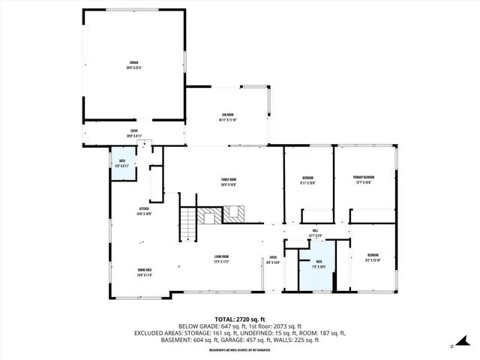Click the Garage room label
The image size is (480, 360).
133,64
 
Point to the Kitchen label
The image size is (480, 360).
144,211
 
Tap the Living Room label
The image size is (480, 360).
220,259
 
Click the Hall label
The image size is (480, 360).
316,234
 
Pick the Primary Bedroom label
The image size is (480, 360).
364,179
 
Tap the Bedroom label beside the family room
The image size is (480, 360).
307,179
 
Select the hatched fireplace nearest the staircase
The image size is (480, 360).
209,216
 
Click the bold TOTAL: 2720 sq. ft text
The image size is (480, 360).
240,319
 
